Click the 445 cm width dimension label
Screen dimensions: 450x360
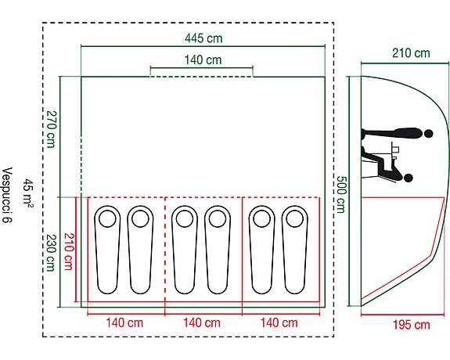click(x=203, y=38)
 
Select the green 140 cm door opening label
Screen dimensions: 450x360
click(x=203, y=60)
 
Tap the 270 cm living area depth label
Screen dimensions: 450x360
click(x=52, y=129)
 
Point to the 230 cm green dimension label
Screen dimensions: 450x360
click(x=51, y=253)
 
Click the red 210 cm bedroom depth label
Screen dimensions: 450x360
click(x=69, y=251)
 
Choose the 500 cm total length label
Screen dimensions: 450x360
click(x=341, y=194)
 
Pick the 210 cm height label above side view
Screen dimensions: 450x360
click(x=411, y=53)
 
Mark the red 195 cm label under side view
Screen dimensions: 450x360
click(x=411, y=325)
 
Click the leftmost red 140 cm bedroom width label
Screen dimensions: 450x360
click(x=124, y=322)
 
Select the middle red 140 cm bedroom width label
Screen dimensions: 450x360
click(x=202, y=322)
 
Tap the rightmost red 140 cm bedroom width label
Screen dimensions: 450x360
click(x=279, y=322)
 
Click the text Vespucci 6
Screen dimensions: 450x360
click(x=7, y=195)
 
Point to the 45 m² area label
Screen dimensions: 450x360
click(x=28, y=192)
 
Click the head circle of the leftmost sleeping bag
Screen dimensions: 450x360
click(x=107, y=219)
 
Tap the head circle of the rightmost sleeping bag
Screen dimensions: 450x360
click(x=295, y=219)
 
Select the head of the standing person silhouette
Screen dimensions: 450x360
click(x=428, y=134)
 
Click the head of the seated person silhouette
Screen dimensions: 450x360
click(x=408, y=178)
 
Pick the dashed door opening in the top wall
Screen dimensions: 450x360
click(x=202, y=77)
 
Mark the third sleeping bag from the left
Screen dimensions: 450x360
click(x=185, y=250)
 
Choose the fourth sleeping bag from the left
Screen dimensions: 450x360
click(x=218, y=250)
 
